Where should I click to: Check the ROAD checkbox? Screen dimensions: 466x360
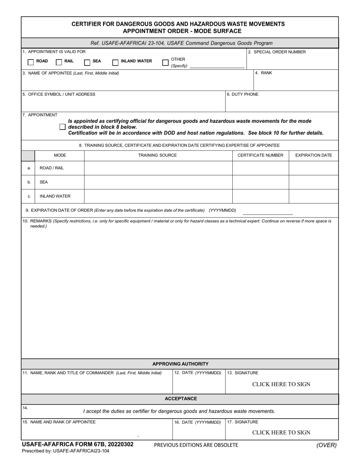coord(31,62)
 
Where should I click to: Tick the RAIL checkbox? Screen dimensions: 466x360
coord(59,62)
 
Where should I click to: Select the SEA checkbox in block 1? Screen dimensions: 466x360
coord(87,62)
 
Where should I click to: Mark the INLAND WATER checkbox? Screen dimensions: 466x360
coord(115,62)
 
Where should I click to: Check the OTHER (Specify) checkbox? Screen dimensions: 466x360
coord(165,62)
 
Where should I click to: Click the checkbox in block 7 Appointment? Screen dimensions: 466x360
coord(63,127)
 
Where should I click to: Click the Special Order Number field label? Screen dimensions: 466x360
coord(277,52)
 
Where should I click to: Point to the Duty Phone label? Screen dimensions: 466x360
coord(243,94)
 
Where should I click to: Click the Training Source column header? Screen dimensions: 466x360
coord(157,155)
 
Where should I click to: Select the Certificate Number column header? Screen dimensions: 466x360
coord(260,155)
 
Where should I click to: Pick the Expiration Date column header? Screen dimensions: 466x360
coord(313,155)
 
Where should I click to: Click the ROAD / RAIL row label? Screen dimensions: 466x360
coord(52,168)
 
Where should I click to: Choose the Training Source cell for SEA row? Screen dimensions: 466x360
coord(158,182)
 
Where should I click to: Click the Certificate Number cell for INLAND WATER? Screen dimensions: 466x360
coord(260,196)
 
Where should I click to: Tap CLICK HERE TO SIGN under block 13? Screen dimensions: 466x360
coord(281,384)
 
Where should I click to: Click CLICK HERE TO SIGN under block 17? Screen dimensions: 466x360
coord(281,433)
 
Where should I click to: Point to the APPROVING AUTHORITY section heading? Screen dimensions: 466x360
coord(180,364)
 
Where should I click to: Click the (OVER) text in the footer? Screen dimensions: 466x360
coord(326,446)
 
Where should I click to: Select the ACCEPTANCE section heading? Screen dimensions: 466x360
coord(180,399)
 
